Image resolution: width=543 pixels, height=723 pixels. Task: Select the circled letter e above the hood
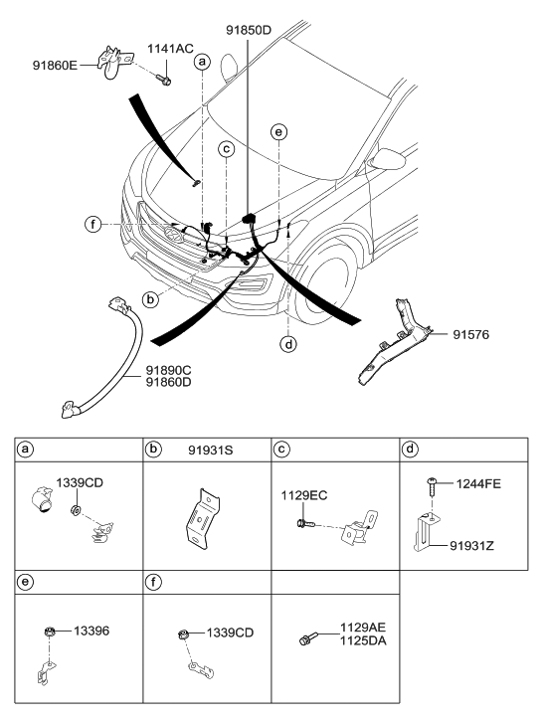[280, 131]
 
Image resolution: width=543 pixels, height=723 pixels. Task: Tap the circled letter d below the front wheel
[288, 345]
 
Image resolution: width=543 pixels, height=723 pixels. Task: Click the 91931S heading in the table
[208, 448]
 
